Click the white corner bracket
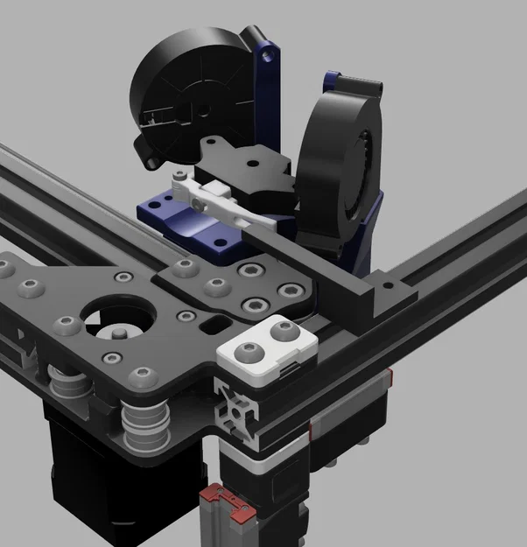pyautogui.click(x=261, y=347)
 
